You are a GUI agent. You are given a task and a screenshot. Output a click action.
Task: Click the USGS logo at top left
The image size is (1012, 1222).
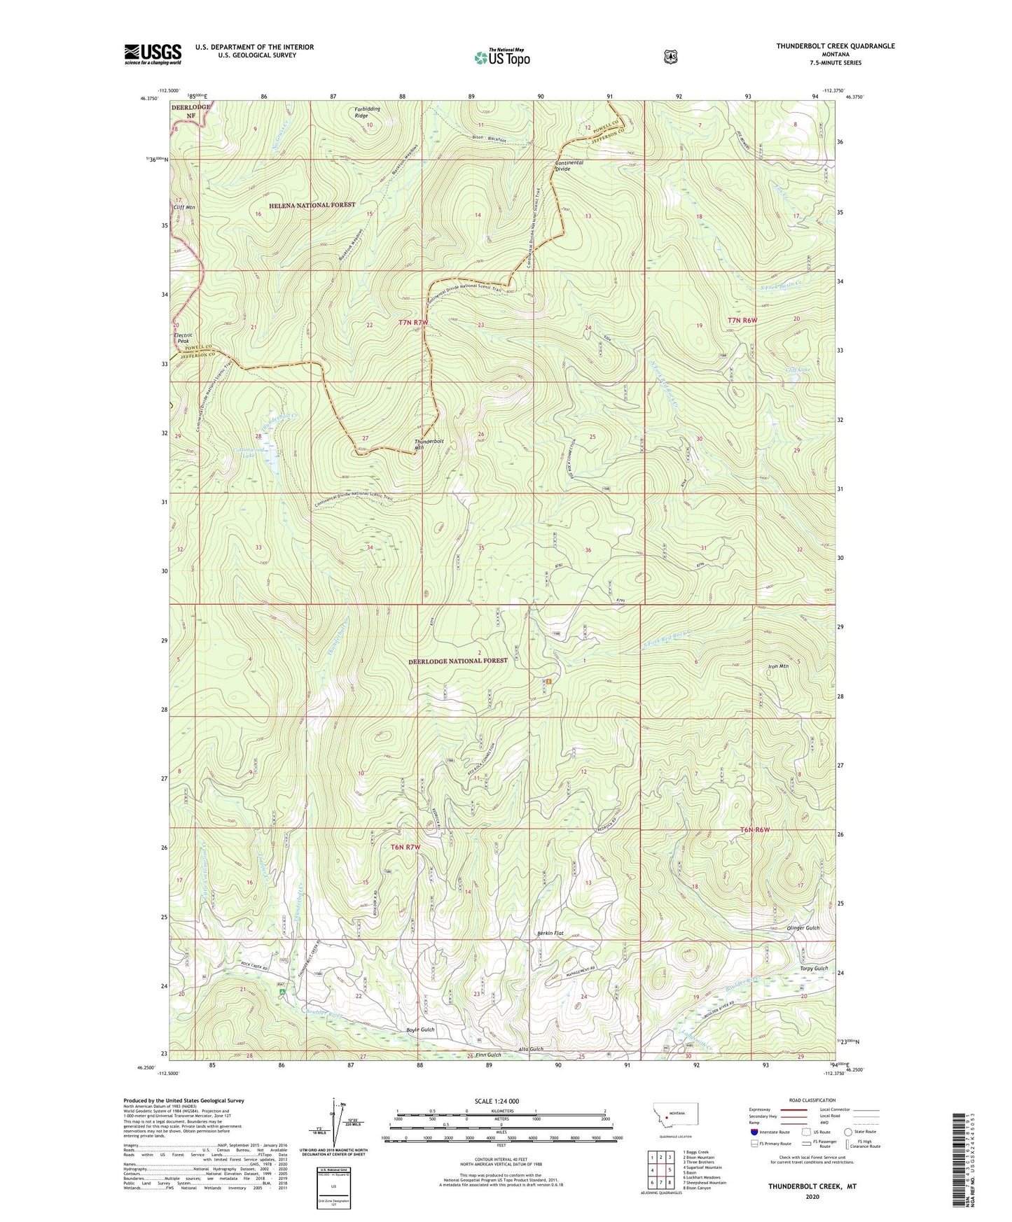pyautogui.click(x=153, y=53)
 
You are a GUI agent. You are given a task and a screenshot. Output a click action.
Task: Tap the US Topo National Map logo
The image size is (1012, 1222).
pyautogui.click(x=501, y=57)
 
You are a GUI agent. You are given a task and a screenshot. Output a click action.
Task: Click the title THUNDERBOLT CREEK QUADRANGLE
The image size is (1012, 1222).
pyautogui.click(x=835, y=46)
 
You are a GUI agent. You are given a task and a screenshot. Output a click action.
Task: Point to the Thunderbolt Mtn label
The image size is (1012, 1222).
pyautogui.click(x=429, y=444)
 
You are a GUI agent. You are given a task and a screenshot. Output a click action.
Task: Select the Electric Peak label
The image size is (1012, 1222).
pyautogui.click(x=183, y=338)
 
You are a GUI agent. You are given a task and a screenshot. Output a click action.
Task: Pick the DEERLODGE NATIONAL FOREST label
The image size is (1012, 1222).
pyautogui.click(x=458, y=661)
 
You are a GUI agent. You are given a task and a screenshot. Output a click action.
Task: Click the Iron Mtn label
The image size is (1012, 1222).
pyautogui.click(x=778, y=666)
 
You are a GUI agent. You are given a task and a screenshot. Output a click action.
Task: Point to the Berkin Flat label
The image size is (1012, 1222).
pyautogui.click(x=549, y=933)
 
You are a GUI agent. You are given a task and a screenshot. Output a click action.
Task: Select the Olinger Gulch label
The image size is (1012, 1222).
pyautogui.click(x=802, y=928)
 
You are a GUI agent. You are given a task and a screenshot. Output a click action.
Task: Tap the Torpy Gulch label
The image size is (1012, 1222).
pyautogui.click(x=813, y=969)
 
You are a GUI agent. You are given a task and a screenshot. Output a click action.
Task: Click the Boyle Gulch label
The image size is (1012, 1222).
pyautogui.click(x=420, y=1030)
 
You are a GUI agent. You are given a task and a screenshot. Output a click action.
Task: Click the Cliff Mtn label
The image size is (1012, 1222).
pyautogui.click(x=183, y=208)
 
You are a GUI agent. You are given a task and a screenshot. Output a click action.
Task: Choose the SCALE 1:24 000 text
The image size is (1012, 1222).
pyautogui.click(x=497, y=1101)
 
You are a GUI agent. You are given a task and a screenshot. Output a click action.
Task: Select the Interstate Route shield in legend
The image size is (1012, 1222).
pyautogui.click(x=754, y=1132)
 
